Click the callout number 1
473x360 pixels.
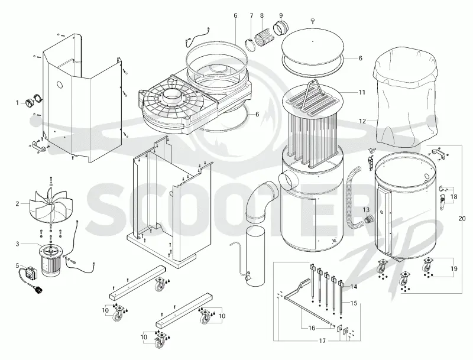(17, 103)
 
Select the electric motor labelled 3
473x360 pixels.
(51, 260)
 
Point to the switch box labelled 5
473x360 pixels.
(30, 273)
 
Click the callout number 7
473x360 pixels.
(252, 15)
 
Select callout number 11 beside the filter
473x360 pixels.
(362, 92)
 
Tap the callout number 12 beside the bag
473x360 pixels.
(362, 121)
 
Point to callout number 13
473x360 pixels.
(366, 210)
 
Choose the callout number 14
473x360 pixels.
(354, 287)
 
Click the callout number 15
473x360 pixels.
(354, 303)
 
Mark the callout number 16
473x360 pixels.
(312, 328)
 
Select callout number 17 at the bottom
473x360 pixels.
(322, 340)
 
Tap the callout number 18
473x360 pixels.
(453, 197)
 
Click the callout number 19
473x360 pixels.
(453, 268)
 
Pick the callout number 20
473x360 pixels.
(462, 219)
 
